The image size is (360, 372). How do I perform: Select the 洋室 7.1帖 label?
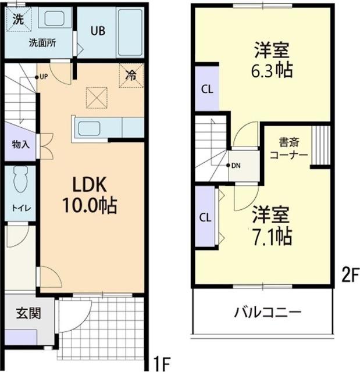click(x=271, y=226)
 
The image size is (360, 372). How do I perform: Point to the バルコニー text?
click(x=268, y=312)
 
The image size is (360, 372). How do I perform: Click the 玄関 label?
click(x=28, y=313)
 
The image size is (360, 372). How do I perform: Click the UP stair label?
click(x=42, y=76)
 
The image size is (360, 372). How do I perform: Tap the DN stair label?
click(x=234, y=165)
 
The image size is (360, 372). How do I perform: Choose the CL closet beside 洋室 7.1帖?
click(x=205, y=217)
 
